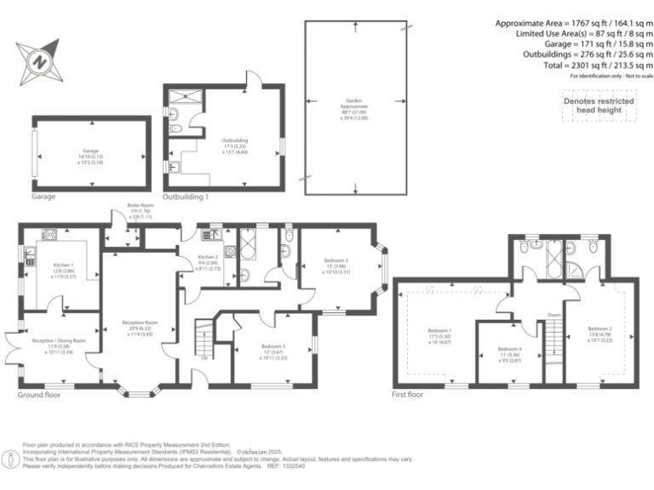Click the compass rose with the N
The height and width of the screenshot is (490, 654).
39,60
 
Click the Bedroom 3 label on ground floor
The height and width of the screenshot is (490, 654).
336,265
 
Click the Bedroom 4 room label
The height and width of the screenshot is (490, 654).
508,352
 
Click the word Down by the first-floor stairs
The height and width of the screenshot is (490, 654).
554,316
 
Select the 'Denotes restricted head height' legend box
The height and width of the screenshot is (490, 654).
599,105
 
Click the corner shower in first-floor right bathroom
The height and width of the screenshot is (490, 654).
575,271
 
